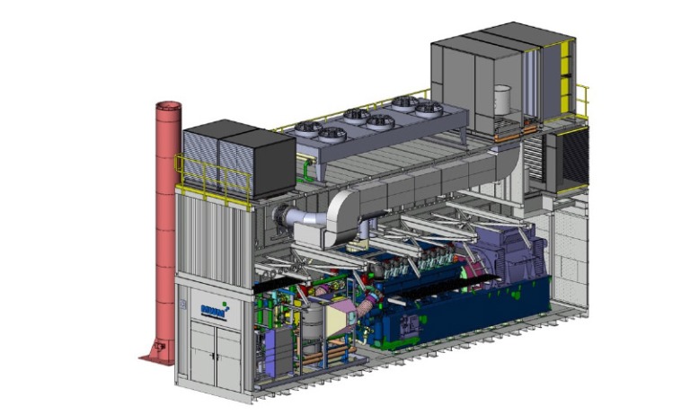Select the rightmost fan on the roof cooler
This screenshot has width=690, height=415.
pos(422,106)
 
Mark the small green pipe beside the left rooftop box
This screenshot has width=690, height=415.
pos(307,166)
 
